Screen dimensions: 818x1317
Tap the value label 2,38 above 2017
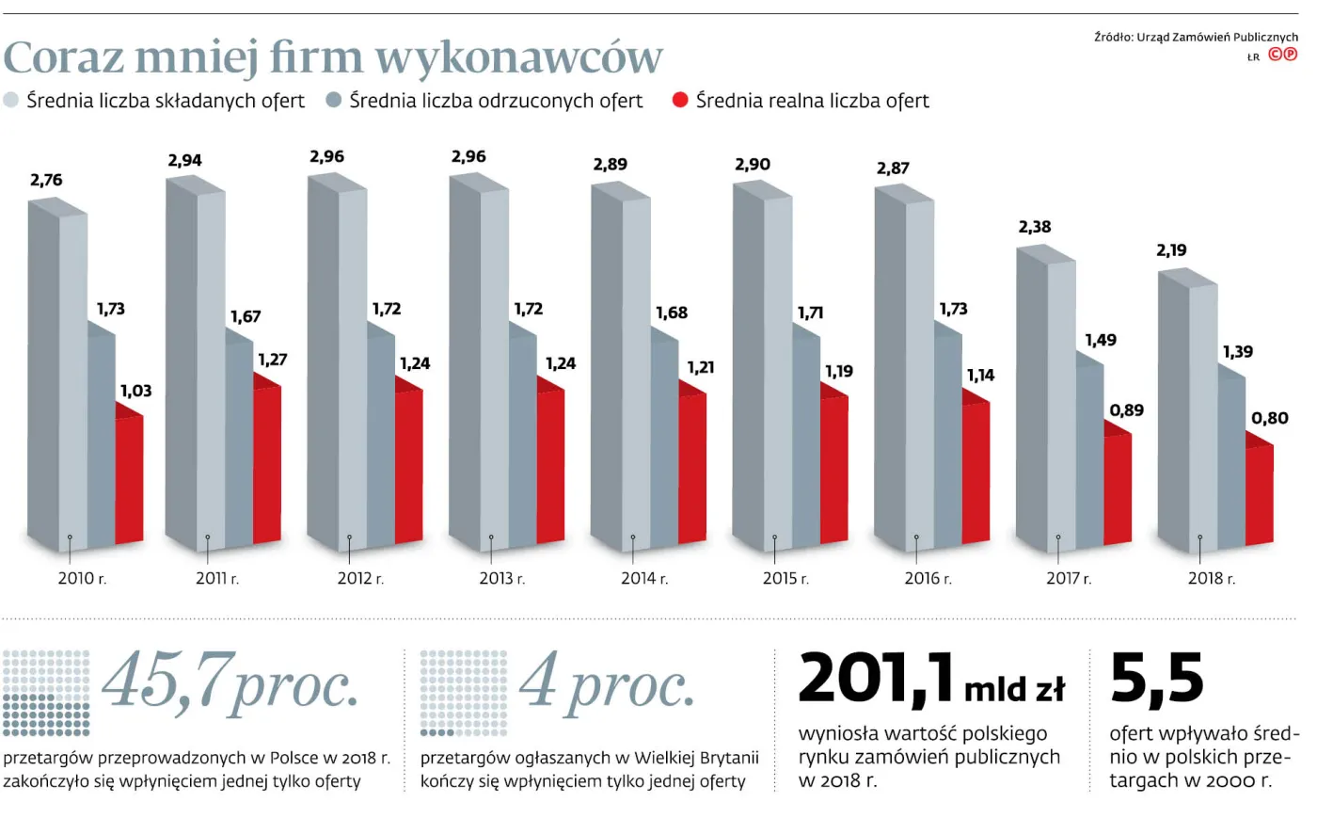click(1034, 227)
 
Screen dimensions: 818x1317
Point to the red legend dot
click(680, 100)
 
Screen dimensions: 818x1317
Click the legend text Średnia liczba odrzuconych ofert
click(496, 101)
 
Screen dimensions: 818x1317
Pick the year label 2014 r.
click(643, 578)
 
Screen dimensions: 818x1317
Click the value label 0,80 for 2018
click(1269, 418)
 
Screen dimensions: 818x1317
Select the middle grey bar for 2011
click(239, 442)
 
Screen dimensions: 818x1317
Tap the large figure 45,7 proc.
click(230, 682)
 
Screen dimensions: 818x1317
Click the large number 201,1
click(875, 680)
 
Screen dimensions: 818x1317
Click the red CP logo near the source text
click(1282, 55)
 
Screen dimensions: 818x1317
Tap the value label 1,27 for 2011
click(272, 360)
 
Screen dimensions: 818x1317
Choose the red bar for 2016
click(976, 471)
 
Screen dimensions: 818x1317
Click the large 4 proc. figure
click(607, 682)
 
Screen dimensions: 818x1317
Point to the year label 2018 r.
click(1211, 578)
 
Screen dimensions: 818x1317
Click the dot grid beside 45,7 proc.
click(46, 693)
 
